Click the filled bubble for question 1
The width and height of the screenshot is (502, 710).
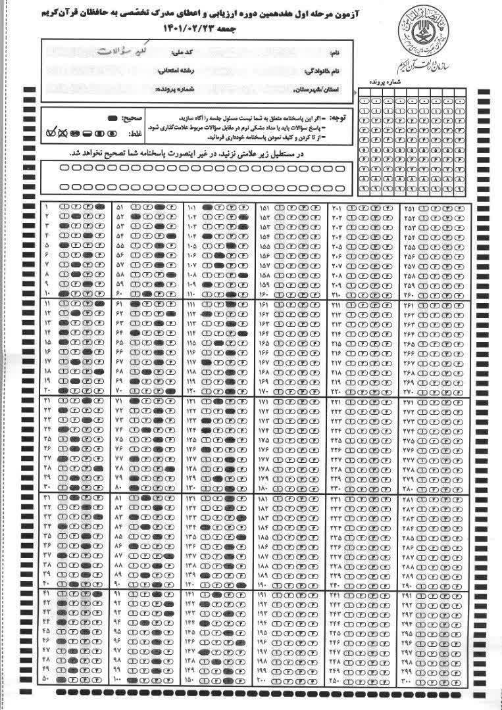[99, 208]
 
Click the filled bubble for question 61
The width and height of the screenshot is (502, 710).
[135, 305]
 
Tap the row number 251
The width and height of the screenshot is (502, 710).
[409, 208]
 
